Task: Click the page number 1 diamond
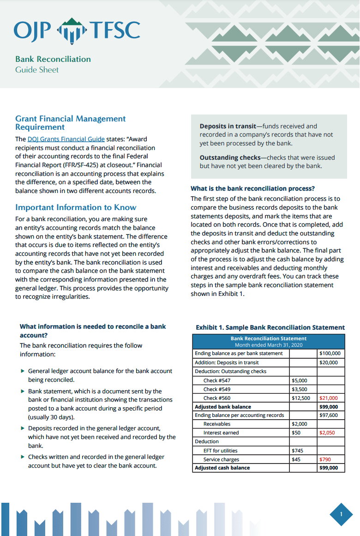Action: click(342, 514)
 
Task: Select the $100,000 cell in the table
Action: click(330, 354)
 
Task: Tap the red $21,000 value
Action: click(329, 398)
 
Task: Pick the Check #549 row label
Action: click(217, 389)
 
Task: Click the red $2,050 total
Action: click(329, 433)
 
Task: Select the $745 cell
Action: click(298, 451)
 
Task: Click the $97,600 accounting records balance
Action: click(329, 416)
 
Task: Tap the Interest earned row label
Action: click(221, 433)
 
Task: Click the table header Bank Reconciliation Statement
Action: click(268, 339)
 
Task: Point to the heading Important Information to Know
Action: click(76, 207)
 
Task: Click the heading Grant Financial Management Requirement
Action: click(70, 123)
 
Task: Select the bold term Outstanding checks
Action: click(228, 157)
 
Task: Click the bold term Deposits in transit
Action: click(228, 126)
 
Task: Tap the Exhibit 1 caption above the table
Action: click(270, 327)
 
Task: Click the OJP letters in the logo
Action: click(32, 30)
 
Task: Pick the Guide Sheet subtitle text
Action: click(37, 70)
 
